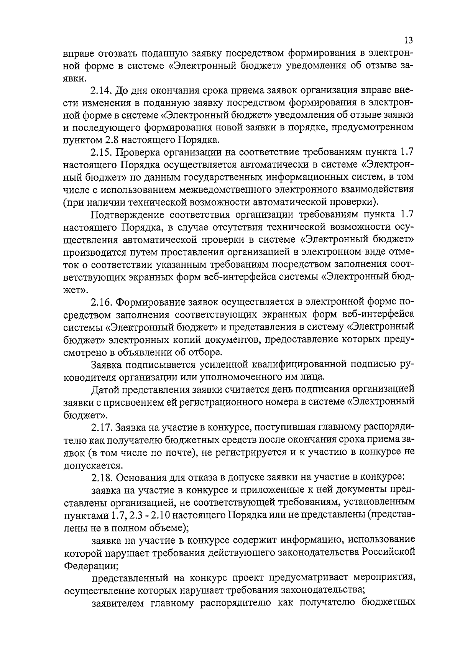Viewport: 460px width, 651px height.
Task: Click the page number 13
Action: pos(408,40)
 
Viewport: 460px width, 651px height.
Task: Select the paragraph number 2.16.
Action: pos(102,302)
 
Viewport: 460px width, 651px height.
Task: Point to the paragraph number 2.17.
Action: pos(102,427)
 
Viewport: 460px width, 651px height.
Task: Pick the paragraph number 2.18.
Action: pos(102,477)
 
